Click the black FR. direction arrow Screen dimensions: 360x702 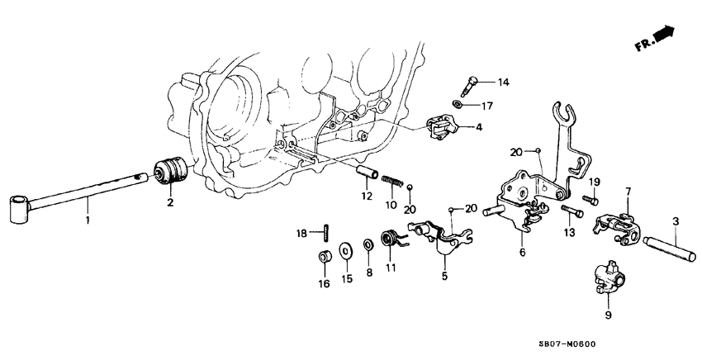pos(662,34)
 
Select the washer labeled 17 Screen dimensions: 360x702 pos(458,104)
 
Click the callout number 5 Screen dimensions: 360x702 pos(443,277)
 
